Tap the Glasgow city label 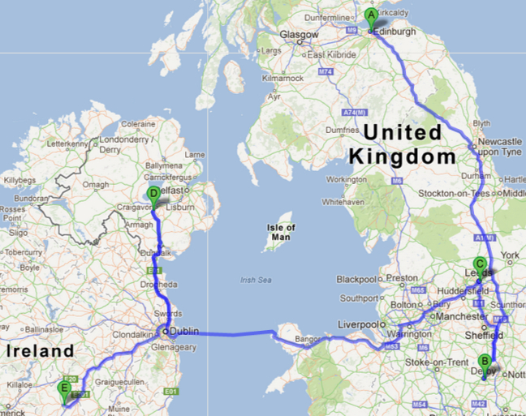pos(299,36)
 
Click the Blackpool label pos(356,279)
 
